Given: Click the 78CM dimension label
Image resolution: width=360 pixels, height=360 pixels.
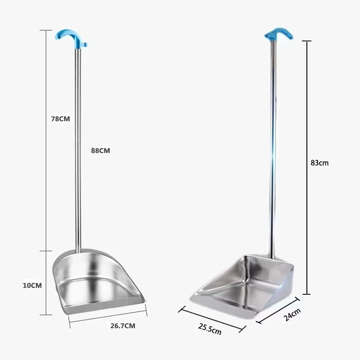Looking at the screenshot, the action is pos(60,119).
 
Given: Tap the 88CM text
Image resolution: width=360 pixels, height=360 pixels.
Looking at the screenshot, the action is pos(100,151).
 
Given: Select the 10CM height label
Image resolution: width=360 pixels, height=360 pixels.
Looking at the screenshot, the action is pos(32,285).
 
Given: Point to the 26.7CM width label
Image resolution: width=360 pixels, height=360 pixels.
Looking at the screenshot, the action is pos(123,326).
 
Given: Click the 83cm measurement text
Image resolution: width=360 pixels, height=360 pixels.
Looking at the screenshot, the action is pos(319,163).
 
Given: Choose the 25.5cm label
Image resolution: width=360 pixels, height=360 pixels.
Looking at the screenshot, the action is pos(210,329).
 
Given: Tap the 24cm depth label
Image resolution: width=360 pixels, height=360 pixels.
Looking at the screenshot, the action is pos(292,315).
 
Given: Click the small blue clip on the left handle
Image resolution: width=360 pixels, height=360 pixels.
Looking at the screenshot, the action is pos(85,44).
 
